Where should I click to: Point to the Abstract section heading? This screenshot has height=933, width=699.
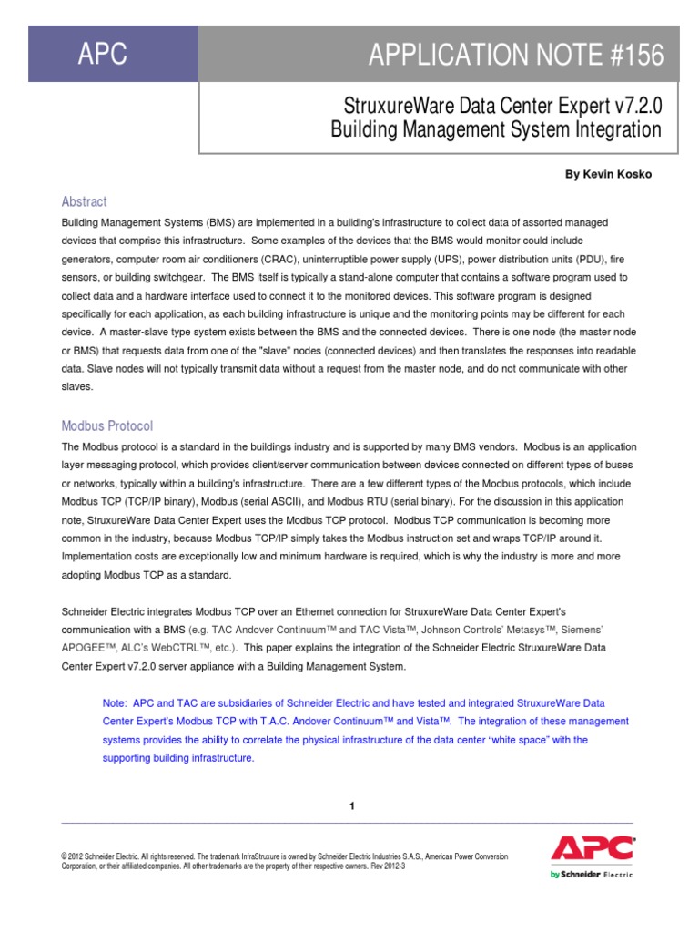click(x=84, y=201)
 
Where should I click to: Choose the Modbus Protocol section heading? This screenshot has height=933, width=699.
click(x=106, y=425)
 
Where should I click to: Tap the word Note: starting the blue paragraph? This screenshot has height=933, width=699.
click(x=115, y=703)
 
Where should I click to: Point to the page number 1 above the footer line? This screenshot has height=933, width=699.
click(x=351, y=805)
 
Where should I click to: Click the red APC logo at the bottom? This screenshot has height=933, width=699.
click(x=592, y=849)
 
